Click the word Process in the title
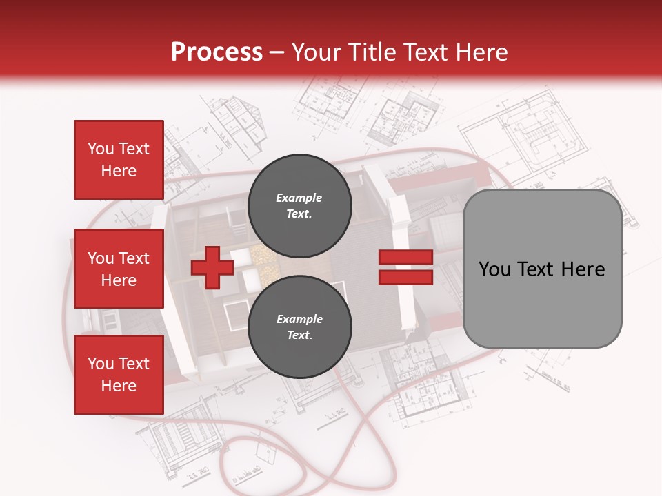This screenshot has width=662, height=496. click(x=217, y=52)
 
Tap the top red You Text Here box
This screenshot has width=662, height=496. click(x=119, y=160)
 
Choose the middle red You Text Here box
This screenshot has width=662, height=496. click(x=119, y=269)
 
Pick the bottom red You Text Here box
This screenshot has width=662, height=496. click(x=119, y=375)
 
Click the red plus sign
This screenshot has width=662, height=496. click(x=212, y=269)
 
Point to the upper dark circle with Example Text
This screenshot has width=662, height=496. click(x=299, y=205)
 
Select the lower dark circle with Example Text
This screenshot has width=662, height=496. click(x=299, y=327)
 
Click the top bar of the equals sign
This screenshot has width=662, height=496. click(x=405, y=258)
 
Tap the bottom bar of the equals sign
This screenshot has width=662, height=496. click(x=405, y=277)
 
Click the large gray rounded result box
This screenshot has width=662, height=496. click(x=542, y=269)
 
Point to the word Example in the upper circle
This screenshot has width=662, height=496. click(x=299, y=198)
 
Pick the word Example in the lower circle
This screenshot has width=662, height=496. click(x=299, y=319)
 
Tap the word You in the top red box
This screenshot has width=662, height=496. click(x=101, y=149)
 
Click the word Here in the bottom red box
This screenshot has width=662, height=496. click(x=119, y=386)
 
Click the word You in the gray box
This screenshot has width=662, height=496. click(x=494, y=269)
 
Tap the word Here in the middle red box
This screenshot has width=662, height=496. click(x=119, y=280)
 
